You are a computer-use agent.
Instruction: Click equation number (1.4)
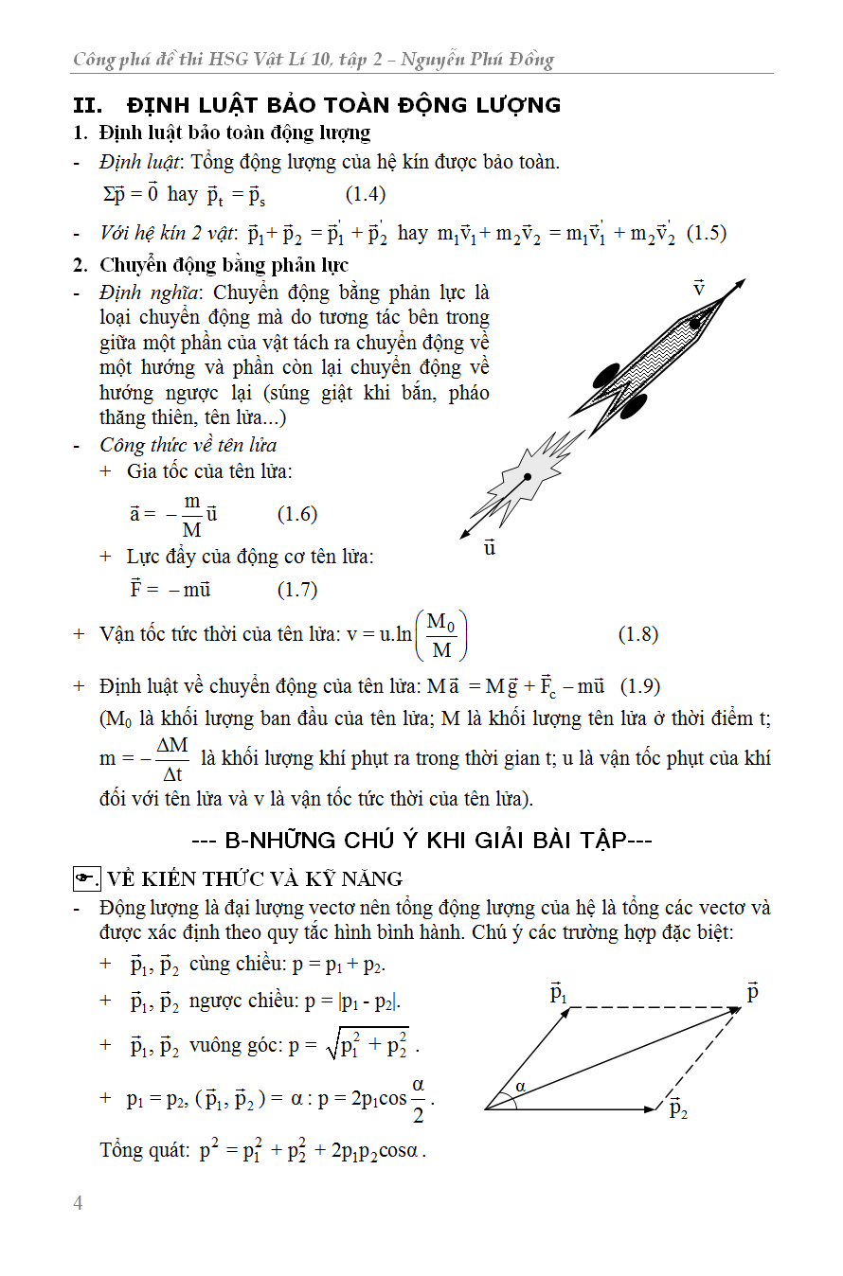[365, 195]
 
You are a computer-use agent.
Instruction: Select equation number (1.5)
[706, 233]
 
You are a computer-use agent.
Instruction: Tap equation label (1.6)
[296, 514]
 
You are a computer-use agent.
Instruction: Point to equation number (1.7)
[296, 590]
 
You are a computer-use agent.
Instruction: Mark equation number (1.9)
[639, 685]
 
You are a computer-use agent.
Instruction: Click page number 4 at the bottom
[78, 1203]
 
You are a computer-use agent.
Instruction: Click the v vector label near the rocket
[698, 287]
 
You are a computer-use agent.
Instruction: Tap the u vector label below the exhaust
[489, 547]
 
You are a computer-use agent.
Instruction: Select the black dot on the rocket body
[694, 324]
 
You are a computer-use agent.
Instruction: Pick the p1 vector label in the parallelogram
[559, 993]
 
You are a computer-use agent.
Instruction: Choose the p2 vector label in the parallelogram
[678, 1108]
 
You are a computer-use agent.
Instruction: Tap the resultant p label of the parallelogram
[753, 992]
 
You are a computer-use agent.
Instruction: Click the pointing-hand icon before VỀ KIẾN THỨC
[86, 879]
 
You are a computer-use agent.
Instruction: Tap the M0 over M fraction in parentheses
[441, 635]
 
